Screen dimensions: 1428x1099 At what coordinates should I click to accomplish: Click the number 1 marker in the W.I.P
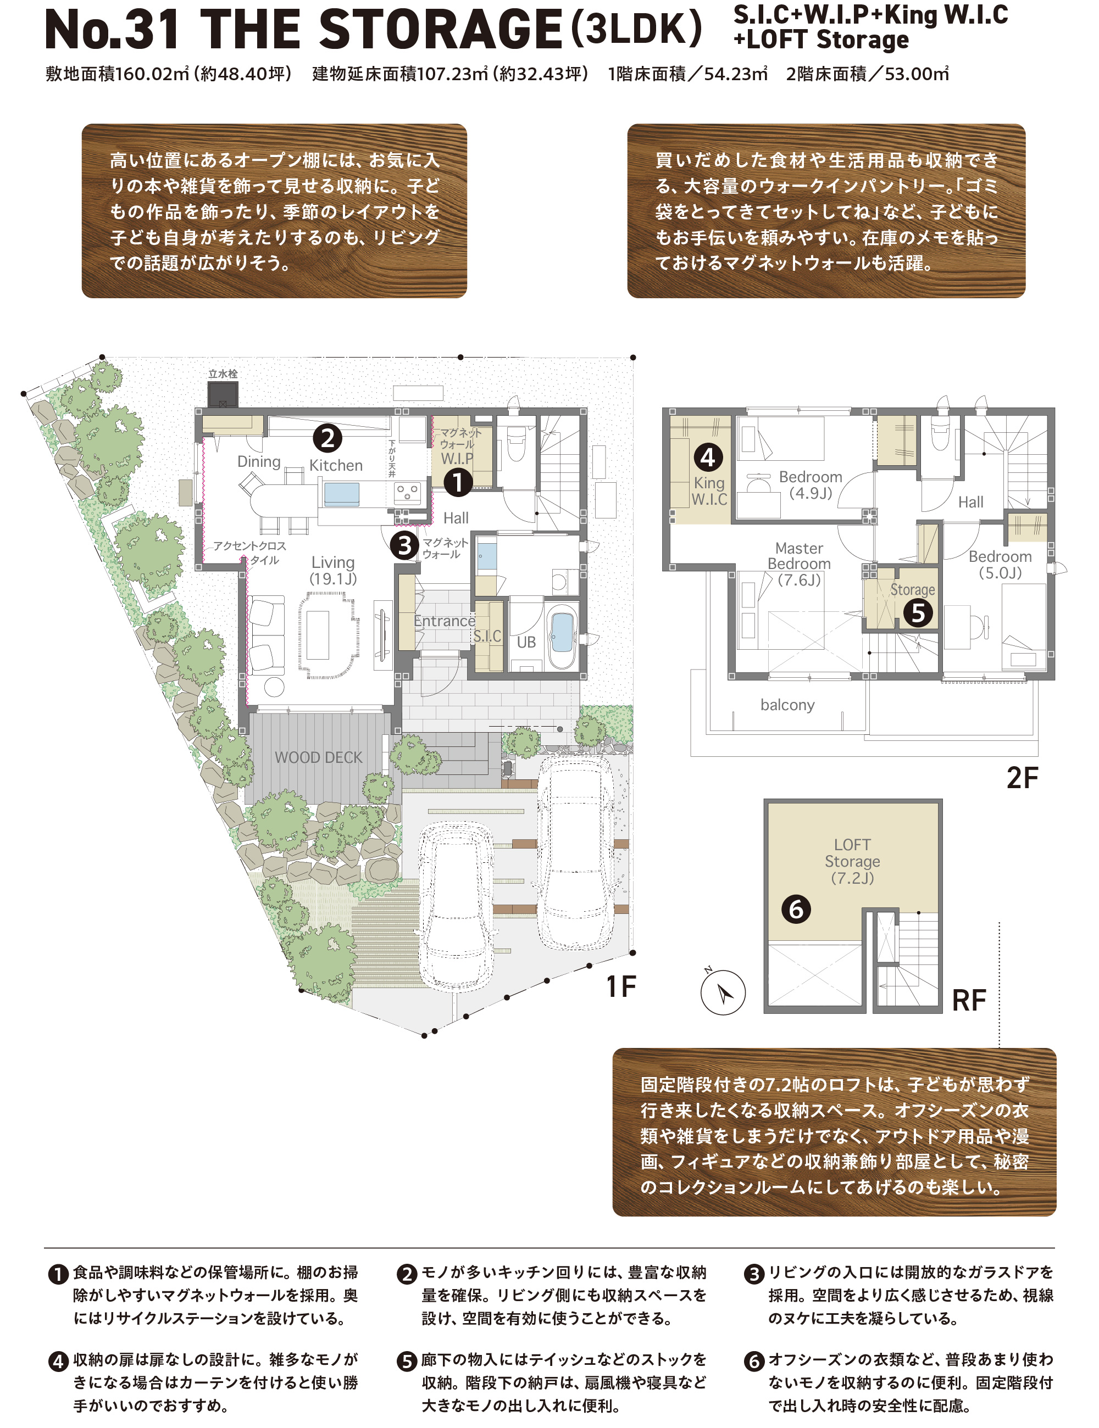458,483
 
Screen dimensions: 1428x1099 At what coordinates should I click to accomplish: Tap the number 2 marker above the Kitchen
327,438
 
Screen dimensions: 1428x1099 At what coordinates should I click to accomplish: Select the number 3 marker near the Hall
404,545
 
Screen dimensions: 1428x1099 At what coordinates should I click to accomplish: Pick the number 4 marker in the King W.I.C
708,457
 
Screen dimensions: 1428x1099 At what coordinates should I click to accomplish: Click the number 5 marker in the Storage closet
918,612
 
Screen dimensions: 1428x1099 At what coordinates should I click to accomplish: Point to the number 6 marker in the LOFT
796,910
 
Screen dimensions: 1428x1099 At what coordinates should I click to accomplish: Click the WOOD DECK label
319,757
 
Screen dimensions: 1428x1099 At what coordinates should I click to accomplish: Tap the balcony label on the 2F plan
787,705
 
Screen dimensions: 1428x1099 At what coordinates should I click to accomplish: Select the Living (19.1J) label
333,570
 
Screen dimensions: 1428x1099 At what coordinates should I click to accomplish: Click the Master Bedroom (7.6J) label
799,564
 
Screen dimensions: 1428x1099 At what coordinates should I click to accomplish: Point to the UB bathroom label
526,642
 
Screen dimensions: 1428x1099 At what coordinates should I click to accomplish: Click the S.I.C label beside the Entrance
487,635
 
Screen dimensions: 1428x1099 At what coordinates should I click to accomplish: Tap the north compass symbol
723,992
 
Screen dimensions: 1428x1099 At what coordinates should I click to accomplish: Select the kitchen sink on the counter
341,494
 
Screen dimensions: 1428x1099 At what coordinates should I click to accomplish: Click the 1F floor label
621,986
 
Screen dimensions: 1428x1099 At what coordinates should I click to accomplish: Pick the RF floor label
968,1000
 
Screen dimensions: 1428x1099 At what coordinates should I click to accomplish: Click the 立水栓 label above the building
223,374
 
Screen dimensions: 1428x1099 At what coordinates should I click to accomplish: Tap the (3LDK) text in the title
636,29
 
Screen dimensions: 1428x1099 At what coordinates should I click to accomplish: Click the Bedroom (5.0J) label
1000,564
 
